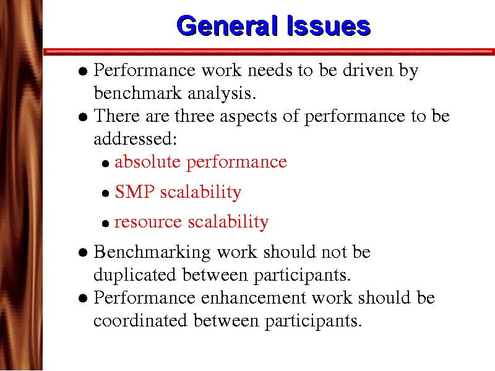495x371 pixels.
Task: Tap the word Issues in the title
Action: click(329, 25)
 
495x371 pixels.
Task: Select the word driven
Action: click(368, 70)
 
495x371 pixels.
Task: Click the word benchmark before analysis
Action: click(137, 93)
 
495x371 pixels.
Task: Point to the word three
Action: click(195, 116)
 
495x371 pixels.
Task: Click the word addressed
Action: click(135, 139)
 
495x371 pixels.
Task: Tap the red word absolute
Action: click(147, 162)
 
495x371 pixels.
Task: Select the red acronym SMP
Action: click(135, 192)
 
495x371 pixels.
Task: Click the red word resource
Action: click(148, 222)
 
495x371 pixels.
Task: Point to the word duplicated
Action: click(135, 275)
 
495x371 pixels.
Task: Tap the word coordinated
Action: click(140, 320)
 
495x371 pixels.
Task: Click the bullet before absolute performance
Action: click(105, 164)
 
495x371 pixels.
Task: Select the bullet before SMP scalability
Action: click(105, 194)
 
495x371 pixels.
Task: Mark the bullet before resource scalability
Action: click(105, 224)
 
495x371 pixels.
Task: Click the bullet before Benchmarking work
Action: click(83, 253)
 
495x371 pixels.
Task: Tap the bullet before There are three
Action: click(83, 117)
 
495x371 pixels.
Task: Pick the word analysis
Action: click(222, 94)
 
